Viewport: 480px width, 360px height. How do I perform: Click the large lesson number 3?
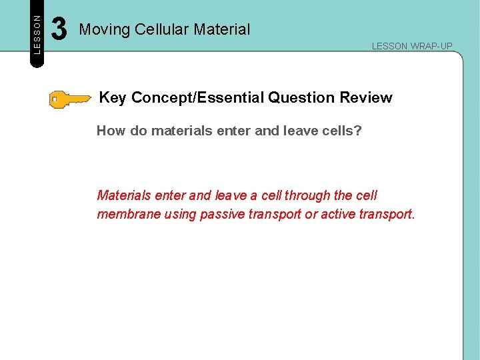click(x=59, y=29)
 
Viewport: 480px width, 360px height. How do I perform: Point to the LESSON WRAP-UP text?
click(x=411, y=46)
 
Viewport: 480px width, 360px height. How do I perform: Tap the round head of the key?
click(x=58, y=100)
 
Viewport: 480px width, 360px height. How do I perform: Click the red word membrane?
click(x=127, y=215)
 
